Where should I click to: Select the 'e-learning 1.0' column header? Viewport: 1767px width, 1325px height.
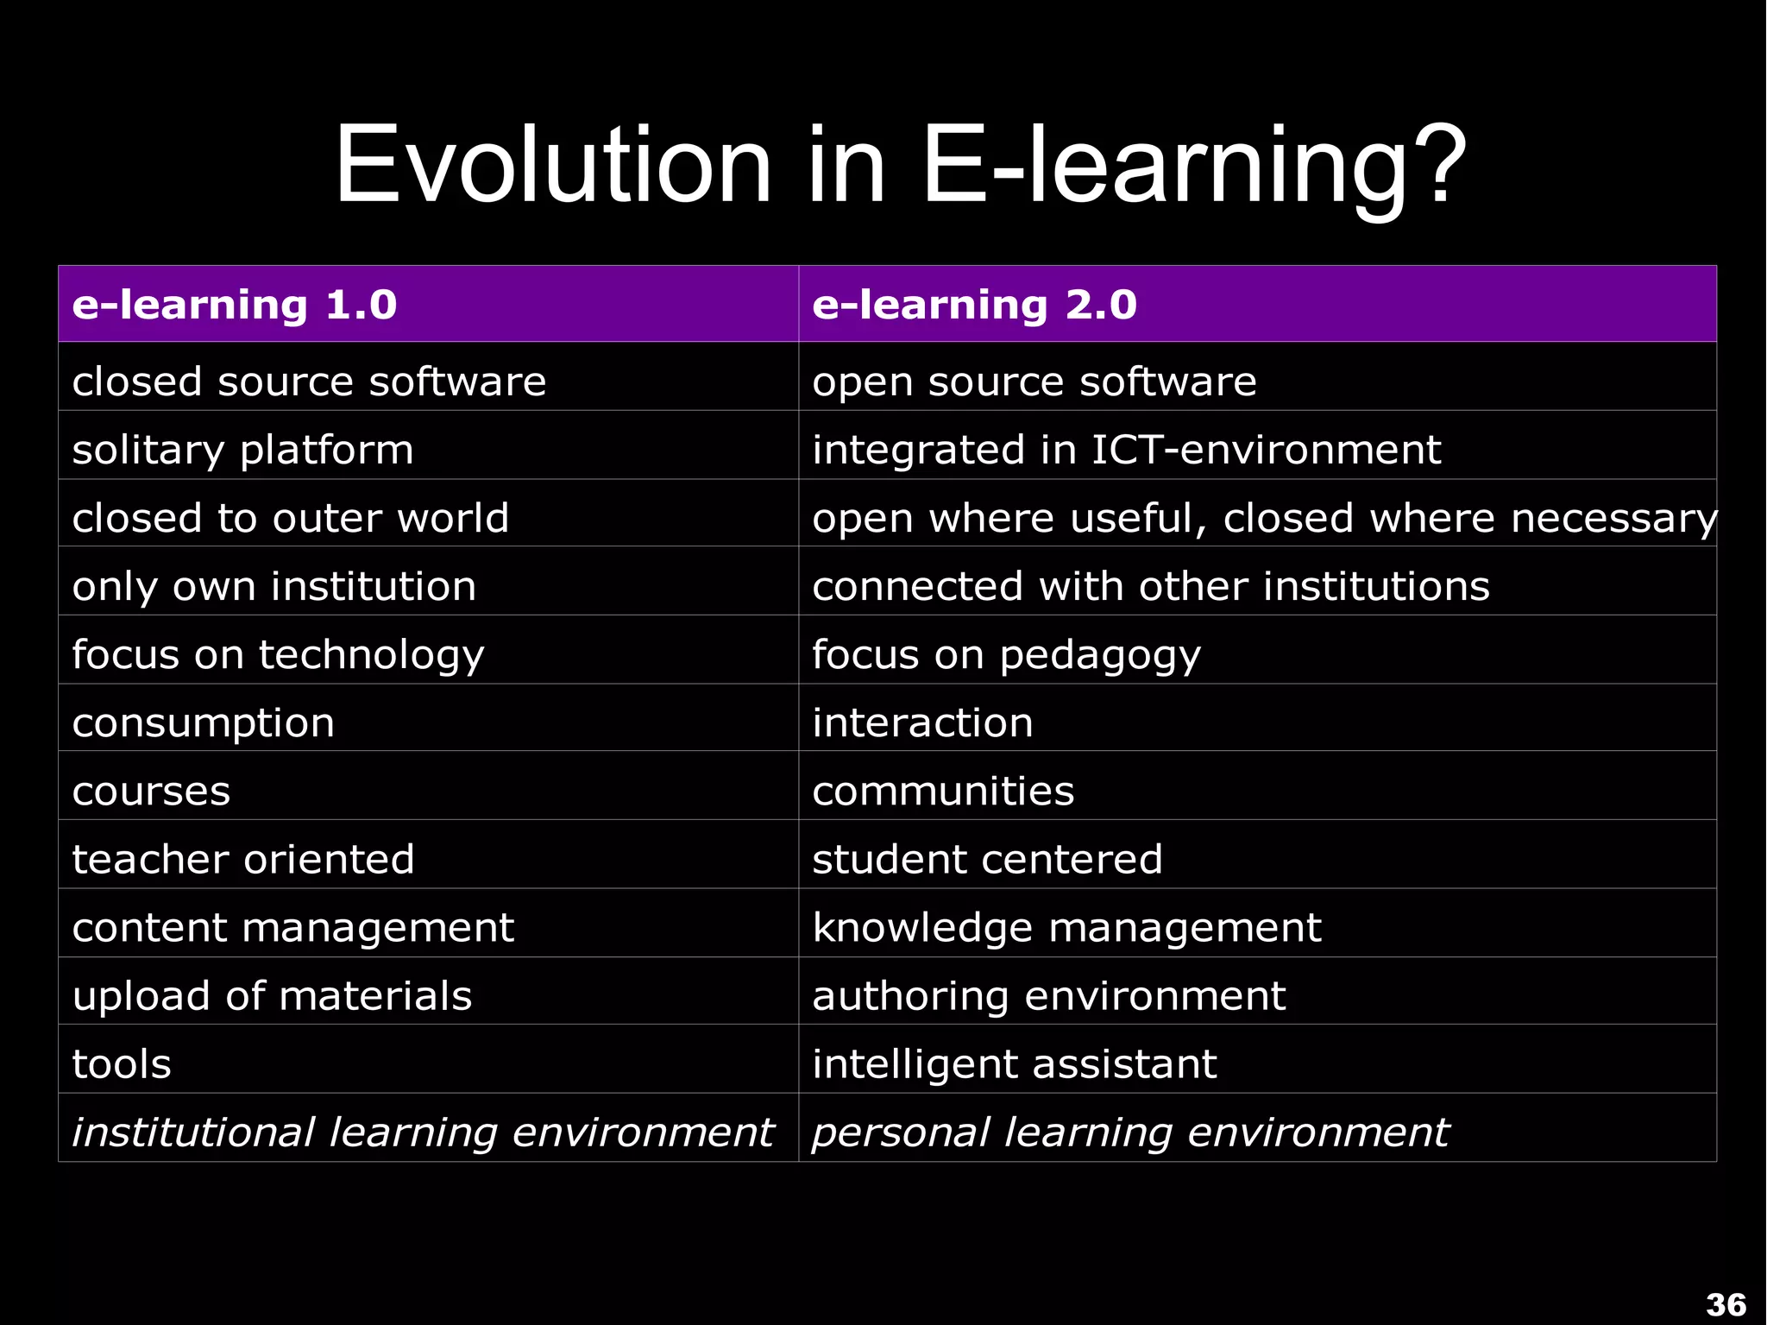[x=235, y=305]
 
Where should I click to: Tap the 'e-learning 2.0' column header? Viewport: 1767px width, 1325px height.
[x=974, y=305]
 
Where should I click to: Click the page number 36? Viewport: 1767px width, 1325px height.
[x=1725, y=1304]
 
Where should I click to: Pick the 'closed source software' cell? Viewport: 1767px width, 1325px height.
[x=309, y=382]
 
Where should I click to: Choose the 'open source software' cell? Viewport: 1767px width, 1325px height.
[x=1034, y=382]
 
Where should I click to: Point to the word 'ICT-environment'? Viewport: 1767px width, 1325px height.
[x=1266, y=450]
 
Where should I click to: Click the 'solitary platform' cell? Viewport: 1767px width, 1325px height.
[x=242, y=450]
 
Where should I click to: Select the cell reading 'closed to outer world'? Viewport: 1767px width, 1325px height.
[x=290, y=518]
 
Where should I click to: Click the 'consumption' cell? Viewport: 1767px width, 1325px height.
[x=203, y=722]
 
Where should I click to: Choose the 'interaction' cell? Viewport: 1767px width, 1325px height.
[x=922, y=722]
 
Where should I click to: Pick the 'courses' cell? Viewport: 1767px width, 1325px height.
[x=151, y=791]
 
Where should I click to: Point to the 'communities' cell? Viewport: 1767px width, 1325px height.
[x=943, y=791]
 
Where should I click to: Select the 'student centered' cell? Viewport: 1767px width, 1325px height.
[x=987, y=859]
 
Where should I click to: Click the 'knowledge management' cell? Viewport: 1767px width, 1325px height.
[x=1066, y=927]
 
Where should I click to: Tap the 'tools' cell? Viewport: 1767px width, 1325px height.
[x=122, y=1063]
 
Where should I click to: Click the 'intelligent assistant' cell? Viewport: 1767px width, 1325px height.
[x=1014, y=1063]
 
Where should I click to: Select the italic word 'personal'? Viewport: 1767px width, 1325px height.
[x=900, y=1133]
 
